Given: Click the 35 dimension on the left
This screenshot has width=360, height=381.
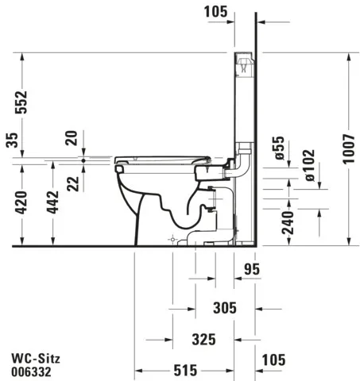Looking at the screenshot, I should coord(10,140).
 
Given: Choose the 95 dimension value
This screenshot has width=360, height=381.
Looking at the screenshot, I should coord(254,270).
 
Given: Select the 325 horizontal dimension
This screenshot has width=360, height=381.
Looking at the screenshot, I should coord(203,339).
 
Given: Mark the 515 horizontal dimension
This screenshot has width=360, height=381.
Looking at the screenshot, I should coord(185,370).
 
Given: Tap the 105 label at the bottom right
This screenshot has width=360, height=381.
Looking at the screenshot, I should coord(273,360).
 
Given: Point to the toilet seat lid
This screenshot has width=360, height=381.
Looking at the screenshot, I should coord(159,159).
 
